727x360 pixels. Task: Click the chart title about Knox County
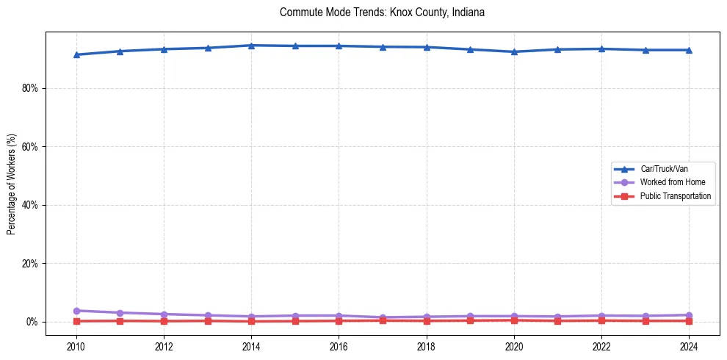tap(382, 12)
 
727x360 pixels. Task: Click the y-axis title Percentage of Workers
tap(12, 184)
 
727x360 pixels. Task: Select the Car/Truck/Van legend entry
tap(664, 169)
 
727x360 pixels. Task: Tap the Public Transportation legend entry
tap(676, 196)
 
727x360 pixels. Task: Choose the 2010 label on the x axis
tap(76, 346)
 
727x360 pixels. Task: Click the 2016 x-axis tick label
tap(339, 346)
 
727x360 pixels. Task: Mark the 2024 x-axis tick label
tap(689, 346)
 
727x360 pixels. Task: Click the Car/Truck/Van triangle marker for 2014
tap(251, 46)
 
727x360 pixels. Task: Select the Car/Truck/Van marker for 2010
tap(76, 54)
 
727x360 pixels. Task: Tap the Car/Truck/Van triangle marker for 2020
tap(514, 51)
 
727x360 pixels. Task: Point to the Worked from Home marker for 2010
tap(76, 311)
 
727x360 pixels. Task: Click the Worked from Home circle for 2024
tap(689, 315)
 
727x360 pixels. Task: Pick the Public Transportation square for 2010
tap(76, 321)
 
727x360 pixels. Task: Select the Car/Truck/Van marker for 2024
tap(689, 50)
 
